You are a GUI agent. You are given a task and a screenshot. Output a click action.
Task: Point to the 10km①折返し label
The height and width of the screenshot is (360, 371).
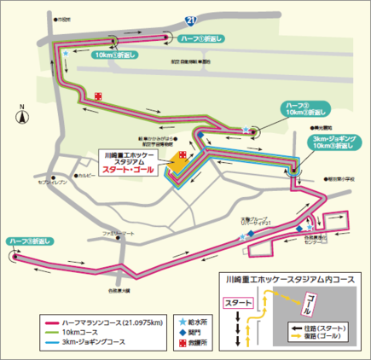111,55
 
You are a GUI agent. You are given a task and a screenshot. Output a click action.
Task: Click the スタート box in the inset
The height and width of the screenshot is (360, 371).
238,302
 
